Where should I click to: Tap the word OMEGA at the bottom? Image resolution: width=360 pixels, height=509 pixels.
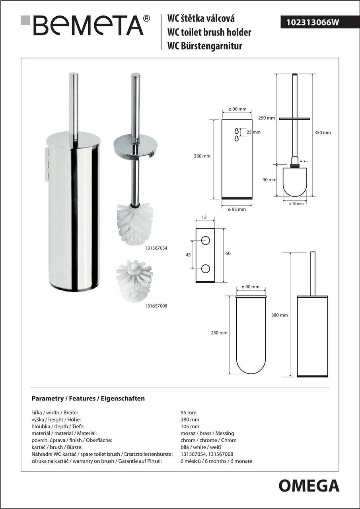point(309,486)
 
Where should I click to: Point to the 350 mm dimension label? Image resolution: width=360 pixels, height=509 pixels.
point(323,133)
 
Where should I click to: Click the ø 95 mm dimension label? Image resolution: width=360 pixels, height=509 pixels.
point(237,209)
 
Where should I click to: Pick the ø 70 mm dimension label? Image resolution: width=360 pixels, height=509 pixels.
point(296,204)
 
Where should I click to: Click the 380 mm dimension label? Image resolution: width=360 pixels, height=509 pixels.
point(279,315)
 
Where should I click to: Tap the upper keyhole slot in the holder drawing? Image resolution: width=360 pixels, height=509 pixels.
point(236,131)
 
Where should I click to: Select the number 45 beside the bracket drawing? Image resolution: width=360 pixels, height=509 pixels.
point(189,255)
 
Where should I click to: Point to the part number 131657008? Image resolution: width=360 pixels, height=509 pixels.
point(156,306)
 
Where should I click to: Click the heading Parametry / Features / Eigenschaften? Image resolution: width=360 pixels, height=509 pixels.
point(88,398)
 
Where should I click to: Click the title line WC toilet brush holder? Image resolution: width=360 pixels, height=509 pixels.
point(209,33)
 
